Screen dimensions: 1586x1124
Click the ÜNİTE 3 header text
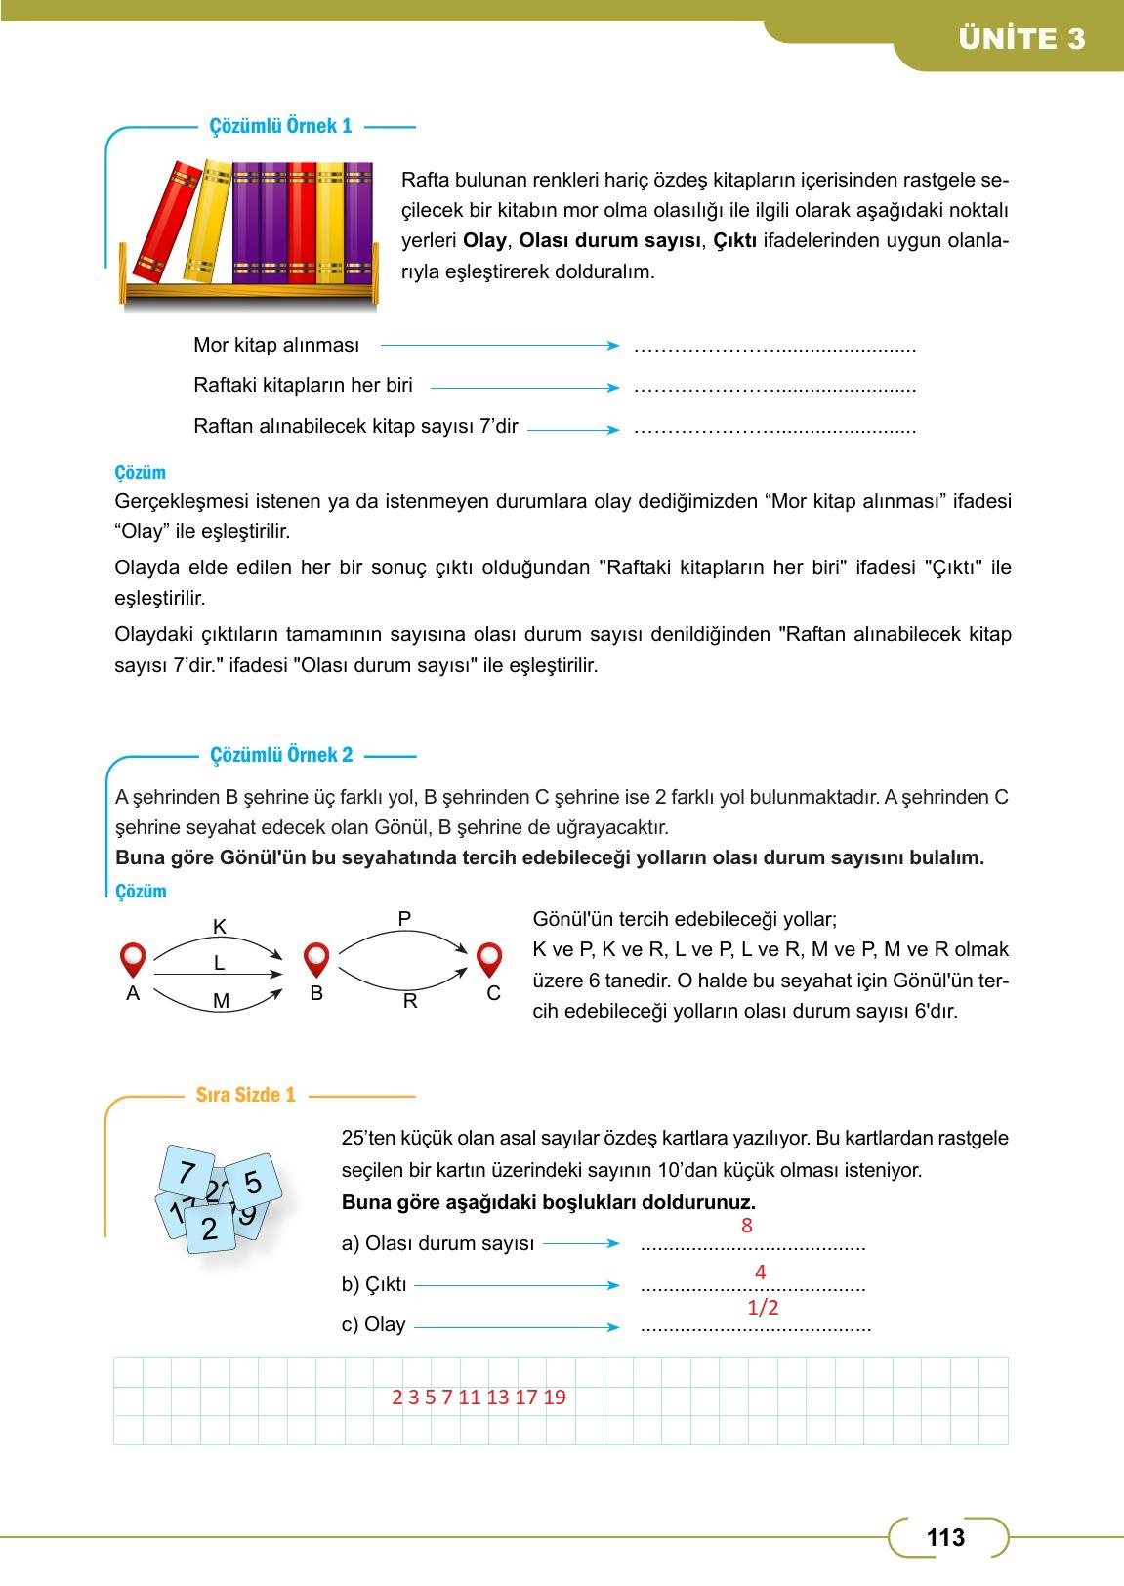coord(1021,39)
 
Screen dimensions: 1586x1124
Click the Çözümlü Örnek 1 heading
coord(280,126)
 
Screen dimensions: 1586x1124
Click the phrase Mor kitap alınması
coord(276,345)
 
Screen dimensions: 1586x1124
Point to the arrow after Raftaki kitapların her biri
coord(524,388)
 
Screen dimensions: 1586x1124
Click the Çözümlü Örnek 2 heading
coord(281,755)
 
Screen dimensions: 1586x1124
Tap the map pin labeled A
coord(133,959)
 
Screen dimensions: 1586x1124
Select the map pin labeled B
coord(316,959)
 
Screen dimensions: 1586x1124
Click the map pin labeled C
coord(489,959)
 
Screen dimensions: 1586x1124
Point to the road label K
coord(219,927)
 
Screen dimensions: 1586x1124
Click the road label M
coord(221,1001)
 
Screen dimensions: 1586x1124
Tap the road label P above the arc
coord(404,918)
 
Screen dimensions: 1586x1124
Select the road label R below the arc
coord(410,1002)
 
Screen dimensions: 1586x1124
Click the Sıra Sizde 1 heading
coord(245,1095)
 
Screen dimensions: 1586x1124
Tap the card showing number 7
coord(187,1172)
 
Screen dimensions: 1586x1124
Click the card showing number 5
coord(253,1182)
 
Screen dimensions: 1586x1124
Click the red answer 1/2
coord(763,1308)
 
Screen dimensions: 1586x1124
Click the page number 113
coord(945,1538)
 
